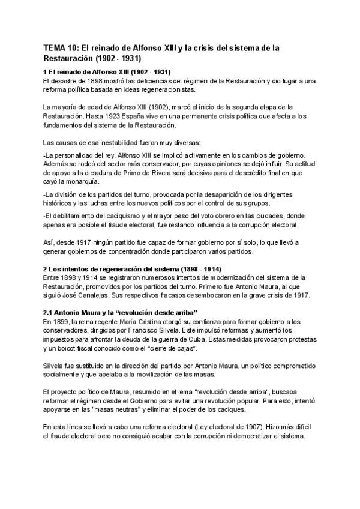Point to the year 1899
coord(58,321)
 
